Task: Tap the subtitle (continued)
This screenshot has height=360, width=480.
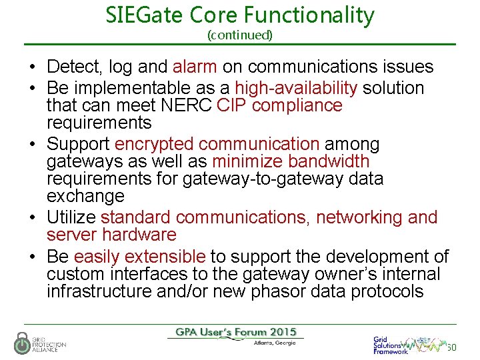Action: tap(240, 34)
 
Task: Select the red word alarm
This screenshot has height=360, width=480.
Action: tap(195, 67)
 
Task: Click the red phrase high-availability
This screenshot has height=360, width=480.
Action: tap(297, 88)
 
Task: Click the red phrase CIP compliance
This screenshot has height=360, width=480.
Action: tap(280, 105)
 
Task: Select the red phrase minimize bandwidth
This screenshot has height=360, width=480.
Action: tap(291, 161)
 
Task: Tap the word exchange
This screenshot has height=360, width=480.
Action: tap(85, 196)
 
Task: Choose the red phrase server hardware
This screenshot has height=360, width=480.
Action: tap(111, 235)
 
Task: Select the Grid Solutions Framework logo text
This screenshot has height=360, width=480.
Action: tap(389, 345)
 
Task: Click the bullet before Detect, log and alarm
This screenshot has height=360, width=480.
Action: tap(32, 67)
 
